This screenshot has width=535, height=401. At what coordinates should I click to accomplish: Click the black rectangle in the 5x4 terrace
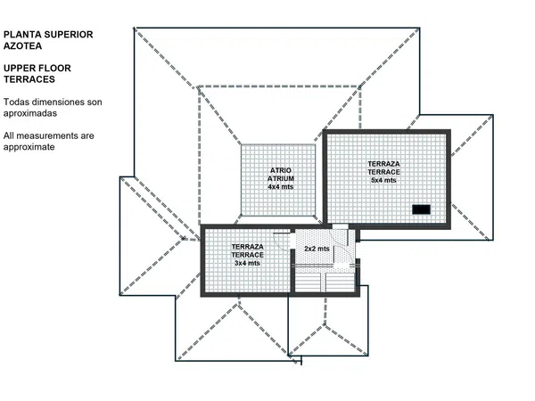point(421,209)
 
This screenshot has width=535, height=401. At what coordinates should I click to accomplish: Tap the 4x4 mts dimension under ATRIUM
point(281,187)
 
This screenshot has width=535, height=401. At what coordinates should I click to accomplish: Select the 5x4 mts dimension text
point(383,180)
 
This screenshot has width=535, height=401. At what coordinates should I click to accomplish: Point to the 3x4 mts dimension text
point(247,263)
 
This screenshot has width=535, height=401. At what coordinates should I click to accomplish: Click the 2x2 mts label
point(317,249)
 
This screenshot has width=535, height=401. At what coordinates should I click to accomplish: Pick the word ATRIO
point(281,170)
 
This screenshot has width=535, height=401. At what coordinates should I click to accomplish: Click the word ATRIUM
point(281,178)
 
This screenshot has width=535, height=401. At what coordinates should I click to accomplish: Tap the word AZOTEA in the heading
point(22,46)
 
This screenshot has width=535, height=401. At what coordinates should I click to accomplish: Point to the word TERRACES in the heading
point(29,79)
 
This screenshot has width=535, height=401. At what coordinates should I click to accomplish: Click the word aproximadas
point(30,113)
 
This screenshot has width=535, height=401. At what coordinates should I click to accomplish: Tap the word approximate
point(29,147)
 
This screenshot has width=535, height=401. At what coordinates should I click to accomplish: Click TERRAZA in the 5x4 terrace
point(383,164)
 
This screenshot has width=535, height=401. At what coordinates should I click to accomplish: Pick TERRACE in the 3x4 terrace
point(247,255)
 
